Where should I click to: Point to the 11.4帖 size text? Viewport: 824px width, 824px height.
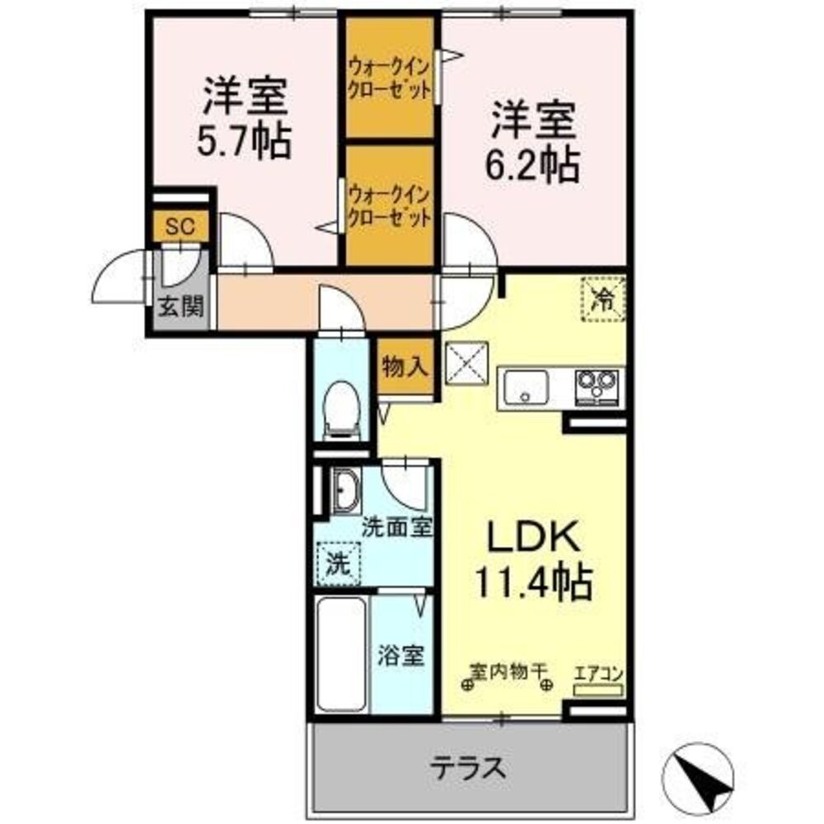(x=532, y=583)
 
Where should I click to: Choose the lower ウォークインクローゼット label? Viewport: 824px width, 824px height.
(x=389, y=207)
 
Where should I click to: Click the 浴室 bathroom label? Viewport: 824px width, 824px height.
(x=401, y=657)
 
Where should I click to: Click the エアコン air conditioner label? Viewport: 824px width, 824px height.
(x=597, y=673)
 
